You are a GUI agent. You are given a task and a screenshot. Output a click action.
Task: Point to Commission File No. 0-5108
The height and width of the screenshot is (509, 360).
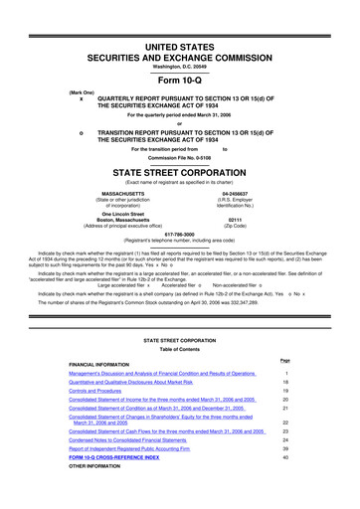coord(179,156)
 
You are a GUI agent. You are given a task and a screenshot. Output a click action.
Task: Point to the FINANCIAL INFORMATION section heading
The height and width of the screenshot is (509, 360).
coord(106,363)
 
